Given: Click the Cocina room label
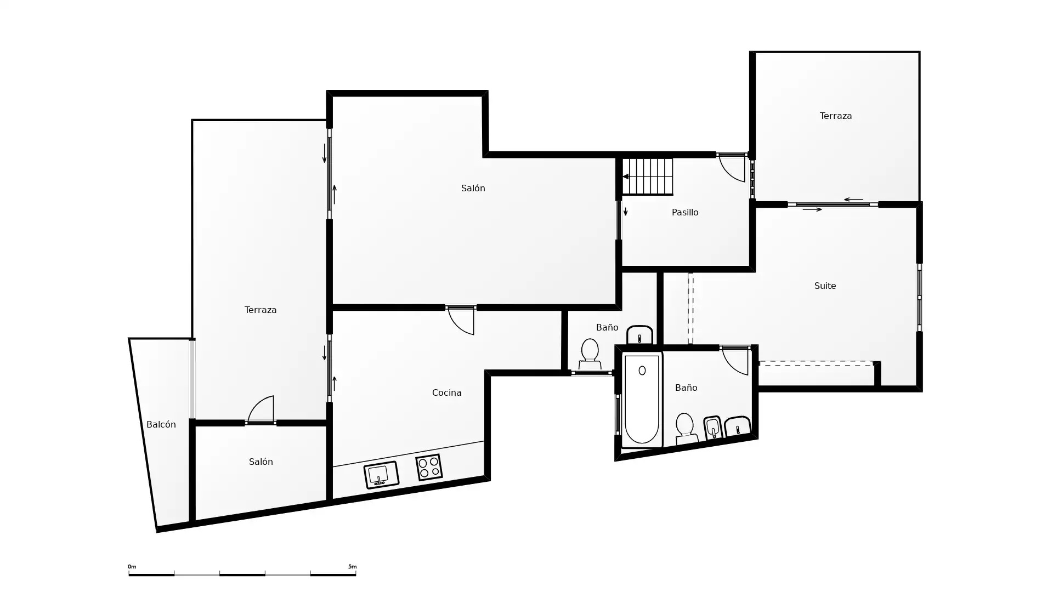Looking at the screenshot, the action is click(x=446, y=392).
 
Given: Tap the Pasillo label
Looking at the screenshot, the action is click(x=685, y=212).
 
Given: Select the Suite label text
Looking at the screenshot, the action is click(x=825, y=286).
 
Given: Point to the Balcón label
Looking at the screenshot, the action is click(x=161, y=424).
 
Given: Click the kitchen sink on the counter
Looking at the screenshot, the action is click(x=381, y=475).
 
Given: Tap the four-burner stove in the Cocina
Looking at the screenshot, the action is click(x=429, y=468).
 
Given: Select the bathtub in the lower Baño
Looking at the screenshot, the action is click(x=642, y=399).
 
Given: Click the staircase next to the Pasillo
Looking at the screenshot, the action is click(x=648, y=177).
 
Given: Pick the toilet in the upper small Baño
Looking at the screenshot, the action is click(x=590, y=354).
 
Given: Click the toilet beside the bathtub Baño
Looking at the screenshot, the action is click(x=686, y=429).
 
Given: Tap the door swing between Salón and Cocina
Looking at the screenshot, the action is click(x=461, y=320).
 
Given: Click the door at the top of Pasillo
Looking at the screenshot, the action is click(x=733, y=168).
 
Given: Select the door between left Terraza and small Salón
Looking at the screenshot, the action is click(x=261, y=409).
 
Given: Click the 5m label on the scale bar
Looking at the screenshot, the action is click(x=352, y=567).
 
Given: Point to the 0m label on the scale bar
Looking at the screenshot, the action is click(x=132, y=567).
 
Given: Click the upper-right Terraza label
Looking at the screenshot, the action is click(x=836, y=116).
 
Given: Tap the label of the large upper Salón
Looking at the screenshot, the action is click(x=473, y=188).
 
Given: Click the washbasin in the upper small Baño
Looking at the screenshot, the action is click(x=639, y=335).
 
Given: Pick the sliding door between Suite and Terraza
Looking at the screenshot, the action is click(x=833, y=204).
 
